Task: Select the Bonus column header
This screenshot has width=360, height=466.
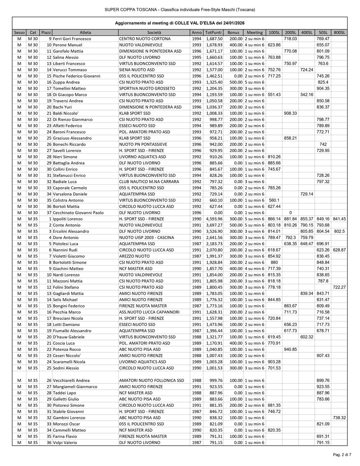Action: tap(233, 32)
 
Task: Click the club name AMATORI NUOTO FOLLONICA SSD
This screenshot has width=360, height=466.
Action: tap(152, 380)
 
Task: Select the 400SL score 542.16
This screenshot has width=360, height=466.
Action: tap(306, 94)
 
